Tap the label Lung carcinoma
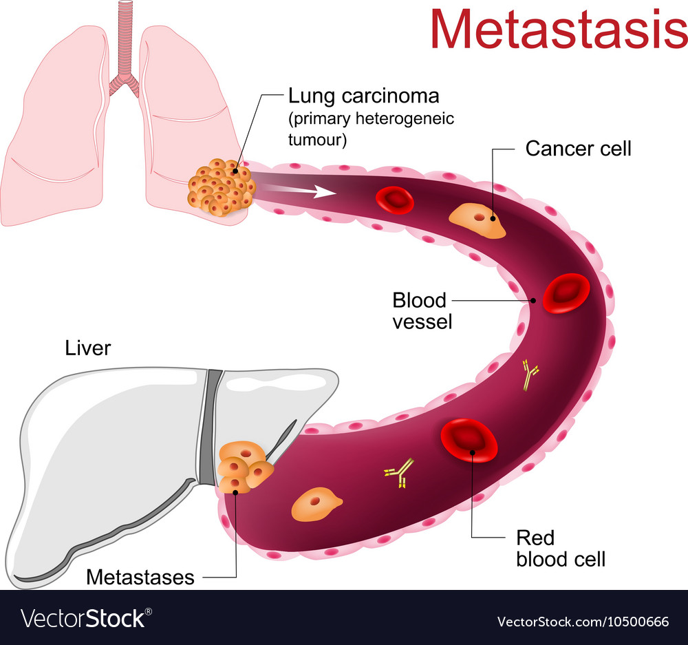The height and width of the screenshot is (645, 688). click(x=364, y=96)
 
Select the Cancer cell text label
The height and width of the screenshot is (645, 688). click(x=578, y=148)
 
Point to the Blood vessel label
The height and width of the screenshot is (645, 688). click(x=420, y=310)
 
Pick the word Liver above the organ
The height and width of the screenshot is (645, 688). click(x=87, y=348)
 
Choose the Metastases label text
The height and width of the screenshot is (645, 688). click(x=140, y=577)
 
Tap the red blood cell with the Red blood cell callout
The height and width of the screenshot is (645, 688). click(x=469, y=439)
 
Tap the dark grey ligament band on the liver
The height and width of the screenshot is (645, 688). click(x=211, y=427)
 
